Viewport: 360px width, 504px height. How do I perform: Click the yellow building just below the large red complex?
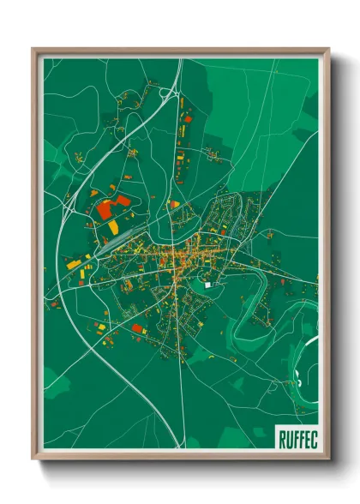(113, 226)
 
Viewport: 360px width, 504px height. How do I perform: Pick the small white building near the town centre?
(207, 284)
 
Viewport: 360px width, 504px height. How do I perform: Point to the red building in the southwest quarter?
(140, 330)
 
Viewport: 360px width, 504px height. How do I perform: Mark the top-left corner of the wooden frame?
(33, 49)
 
